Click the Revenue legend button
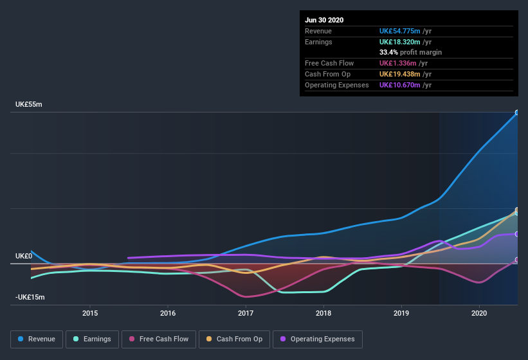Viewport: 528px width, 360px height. pos(37,339)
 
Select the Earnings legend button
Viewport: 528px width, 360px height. pos(93,339)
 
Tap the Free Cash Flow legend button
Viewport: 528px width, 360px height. pos(159,339)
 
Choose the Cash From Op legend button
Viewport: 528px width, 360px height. pos(234,339)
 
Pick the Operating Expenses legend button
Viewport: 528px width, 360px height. pos(318,339)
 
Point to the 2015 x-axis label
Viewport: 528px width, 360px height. pos(90,313)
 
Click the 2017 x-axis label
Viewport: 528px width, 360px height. pos(246,313)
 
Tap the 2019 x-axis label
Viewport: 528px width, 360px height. pos(401,313)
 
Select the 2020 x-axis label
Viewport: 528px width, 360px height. pos(479,313)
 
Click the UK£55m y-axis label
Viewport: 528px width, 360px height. pos(29,104)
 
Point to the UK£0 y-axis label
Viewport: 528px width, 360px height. pos(24,256)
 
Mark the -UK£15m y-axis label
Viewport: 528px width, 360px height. pos(31,297)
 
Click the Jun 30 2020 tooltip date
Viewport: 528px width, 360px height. pos(324,20)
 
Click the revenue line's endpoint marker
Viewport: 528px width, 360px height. pos(517,113)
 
